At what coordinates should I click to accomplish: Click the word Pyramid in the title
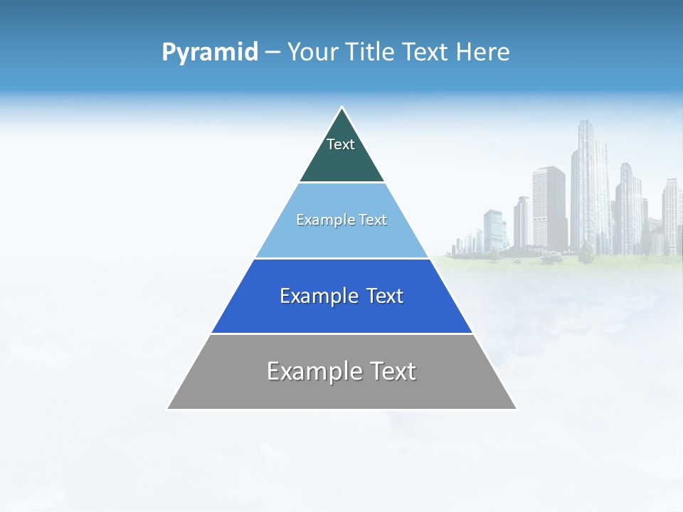pos(209,53)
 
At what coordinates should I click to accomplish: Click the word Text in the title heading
pos(424,52)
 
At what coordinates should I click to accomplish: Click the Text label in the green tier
pos(341,144)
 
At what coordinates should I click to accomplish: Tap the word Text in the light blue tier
pos(373,220)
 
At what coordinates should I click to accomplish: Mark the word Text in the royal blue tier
pos(385,296)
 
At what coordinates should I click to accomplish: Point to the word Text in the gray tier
pos(392,371)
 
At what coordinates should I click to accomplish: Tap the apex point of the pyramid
pos(341,108)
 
